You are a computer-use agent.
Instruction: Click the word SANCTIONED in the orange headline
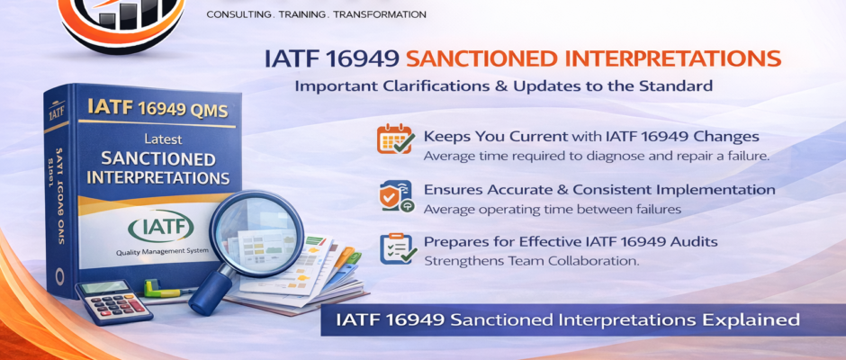tap(484, 59)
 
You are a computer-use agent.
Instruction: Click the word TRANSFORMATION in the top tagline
tap(377, 14)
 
